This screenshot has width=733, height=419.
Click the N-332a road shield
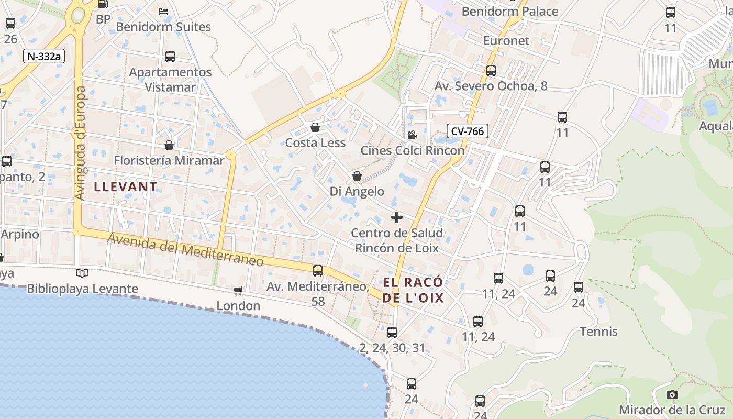(x=43, y=56)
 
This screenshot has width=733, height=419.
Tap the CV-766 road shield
(x=468, y=131)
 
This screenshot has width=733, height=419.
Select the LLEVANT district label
(x=125, y=186)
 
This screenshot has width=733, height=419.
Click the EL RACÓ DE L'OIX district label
(x=413, y=290)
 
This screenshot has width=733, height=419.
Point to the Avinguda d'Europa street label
(x=80, y=142)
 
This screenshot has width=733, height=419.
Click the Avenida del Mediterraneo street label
(x=185, y=249)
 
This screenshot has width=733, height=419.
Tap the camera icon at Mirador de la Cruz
(x=672, y=394)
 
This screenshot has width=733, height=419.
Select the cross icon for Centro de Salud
(x=397, y=217)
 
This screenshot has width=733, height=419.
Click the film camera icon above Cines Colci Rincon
(x=412, y=135)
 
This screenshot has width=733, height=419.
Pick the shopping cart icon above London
(x=238, y=290)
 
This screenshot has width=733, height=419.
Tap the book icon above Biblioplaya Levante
(x=82, y=273)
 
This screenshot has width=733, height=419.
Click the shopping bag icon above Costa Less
(x=315, y=127)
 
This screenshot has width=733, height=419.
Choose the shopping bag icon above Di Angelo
(x=357, y=176)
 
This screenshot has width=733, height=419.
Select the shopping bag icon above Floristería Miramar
(x=169, y=145)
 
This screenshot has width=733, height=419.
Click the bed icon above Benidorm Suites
(x=163, y=11)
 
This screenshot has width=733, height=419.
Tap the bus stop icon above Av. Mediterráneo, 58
(x=318, y=271)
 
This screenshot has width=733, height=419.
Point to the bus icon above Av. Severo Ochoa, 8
(x=491, y=70)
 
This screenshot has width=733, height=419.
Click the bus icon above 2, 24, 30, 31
(x=392, y=332)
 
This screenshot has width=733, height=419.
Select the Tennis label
(x=599, y=332)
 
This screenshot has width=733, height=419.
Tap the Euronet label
(x=506, y=40)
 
